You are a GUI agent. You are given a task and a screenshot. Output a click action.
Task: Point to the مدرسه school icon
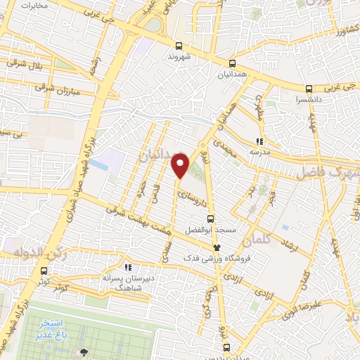259,141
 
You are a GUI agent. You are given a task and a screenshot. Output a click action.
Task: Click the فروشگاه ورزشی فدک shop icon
216,247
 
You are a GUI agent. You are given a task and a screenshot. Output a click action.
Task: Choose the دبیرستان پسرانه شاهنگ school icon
128,267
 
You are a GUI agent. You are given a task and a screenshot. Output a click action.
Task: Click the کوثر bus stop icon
44,270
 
